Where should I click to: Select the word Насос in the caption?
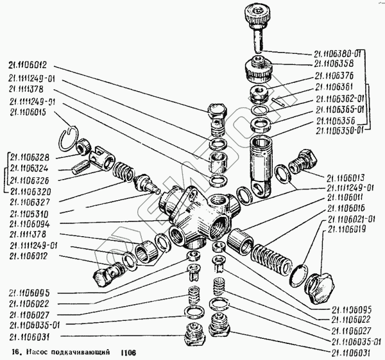tap(42, 353)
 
